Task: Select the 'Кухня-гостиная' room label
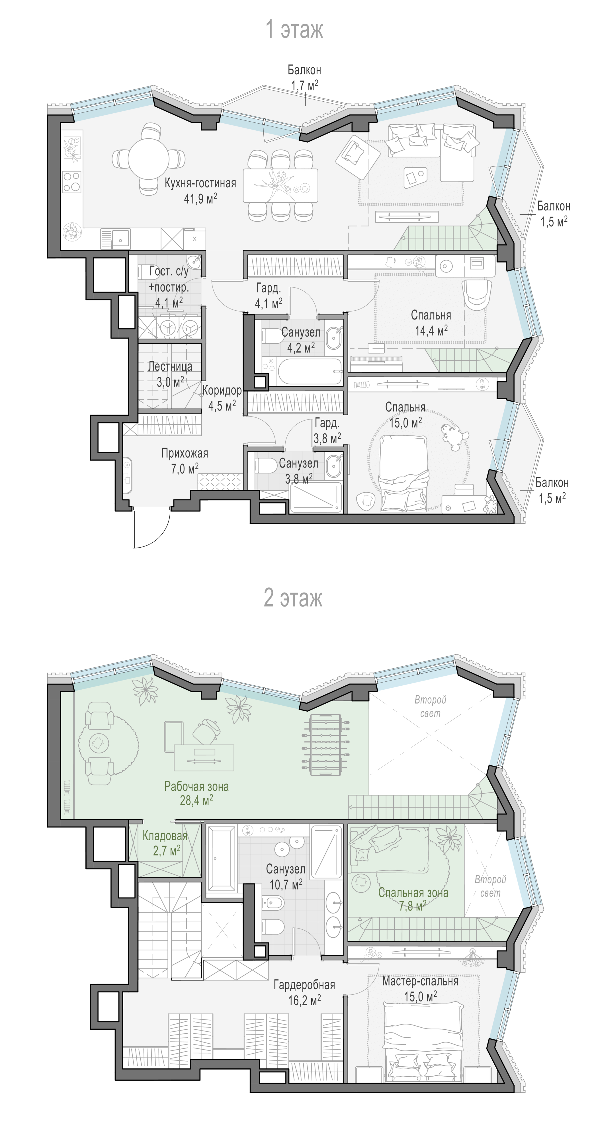200,183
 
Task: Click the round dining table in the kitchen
148,158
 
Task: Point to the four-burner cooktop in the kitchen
72,182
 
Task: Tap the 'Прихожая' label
185,453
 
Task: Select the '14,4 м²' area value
431,330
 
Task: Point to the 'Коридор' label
222,390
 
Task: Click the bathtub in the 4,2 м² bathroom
310,371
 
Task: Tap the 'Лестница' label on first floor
170,366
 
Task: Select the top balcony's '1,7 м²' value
305,85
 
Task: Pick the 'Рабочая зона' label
196,786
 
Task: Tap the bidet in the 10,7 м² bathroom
273,902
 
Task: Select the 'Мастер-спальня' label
420,981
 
